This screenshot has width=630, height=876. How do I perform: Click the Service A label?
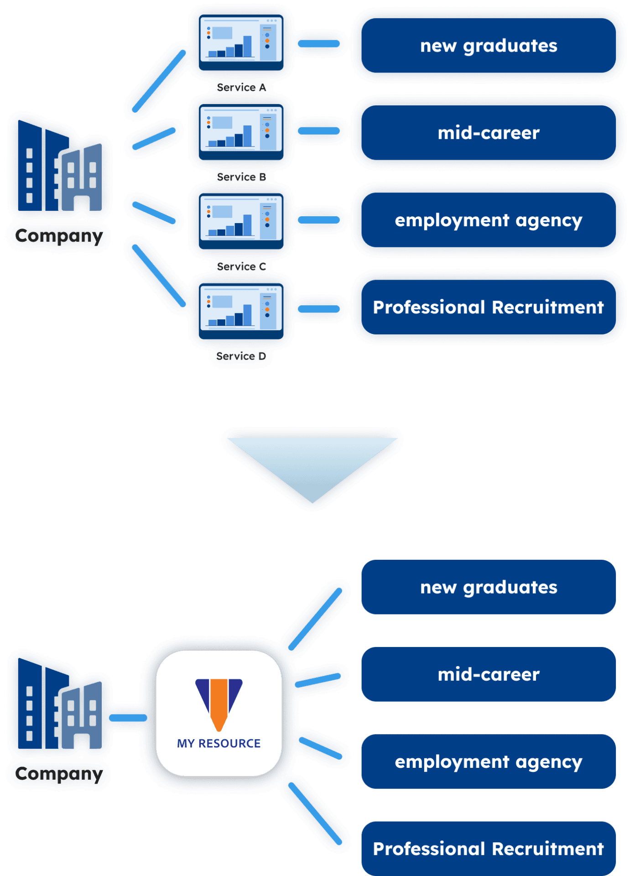pos(241,87)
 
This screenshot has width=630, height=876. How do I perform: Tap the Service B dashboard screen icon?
pos(241,130)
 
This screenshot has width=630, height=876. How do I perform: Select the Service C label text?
pos(241,266)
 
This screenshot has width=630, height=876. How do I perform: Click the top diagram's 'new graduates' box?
pos(488,46)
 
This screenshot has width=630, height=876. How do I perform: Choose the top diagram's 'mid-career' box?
pos(488,133)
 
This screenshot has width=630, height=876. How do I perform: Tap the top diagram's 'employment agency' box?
pos(488,220)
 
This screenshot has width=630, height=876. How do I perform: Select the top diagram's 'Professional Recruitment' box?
pos(488,308)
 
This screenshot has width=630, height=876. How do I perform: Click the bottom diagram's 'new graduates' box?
pos(488,587)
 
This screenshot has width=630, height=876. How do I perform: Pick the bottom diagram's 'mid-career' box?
pos(488,674)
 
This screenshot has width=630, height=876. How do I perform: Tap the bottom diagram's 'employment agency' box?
pos(488,761)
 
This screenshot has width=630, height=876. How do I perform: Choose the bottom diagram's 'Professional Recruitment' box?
pos(488,849)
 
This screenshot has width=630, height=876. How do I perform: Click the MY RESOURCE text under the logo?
pos(219,743)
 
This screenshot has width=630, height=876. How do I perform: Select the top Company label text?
pos(59,236)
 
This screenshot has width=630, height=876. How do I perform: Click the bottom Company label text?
pos(59,773)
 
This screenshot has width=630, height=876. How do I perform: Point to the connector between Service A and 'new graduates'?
pos(319,44)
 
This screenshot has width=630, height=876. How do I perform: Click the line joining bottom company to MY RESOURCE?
pos(128,718)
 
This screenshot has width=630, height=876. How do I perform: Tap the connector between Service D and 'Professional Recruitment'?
pos(319,309)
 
